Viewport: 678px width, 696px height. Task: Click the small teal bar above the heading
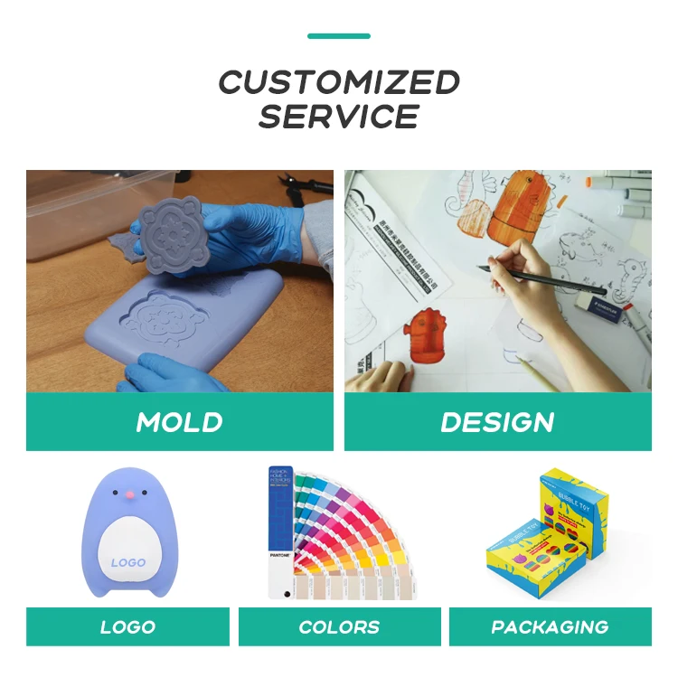(x=339, y=36)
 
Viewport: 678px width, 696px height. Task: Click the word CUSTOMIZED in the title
(x=339, y=83)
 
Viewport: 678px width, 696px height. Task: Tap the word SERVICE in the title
(x=339, y=117)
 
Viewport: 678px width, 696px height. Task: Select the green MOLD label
(x=179, y=422)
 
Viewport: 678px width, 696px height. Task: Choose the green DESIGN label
(x=497, y=422)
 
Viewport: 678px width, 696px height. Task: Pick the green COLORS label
(x=339, y=626)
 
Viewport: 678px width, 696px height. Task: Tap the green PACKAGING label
(x=550, y=626)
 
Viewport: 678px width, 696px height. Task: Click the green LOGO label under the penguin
(x=127, y=626)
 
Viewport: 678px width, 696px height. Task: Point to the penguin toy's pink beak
(x=129, y=494)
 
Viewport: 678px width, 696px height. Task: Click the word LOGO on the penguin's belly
(x=127, y=562)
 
